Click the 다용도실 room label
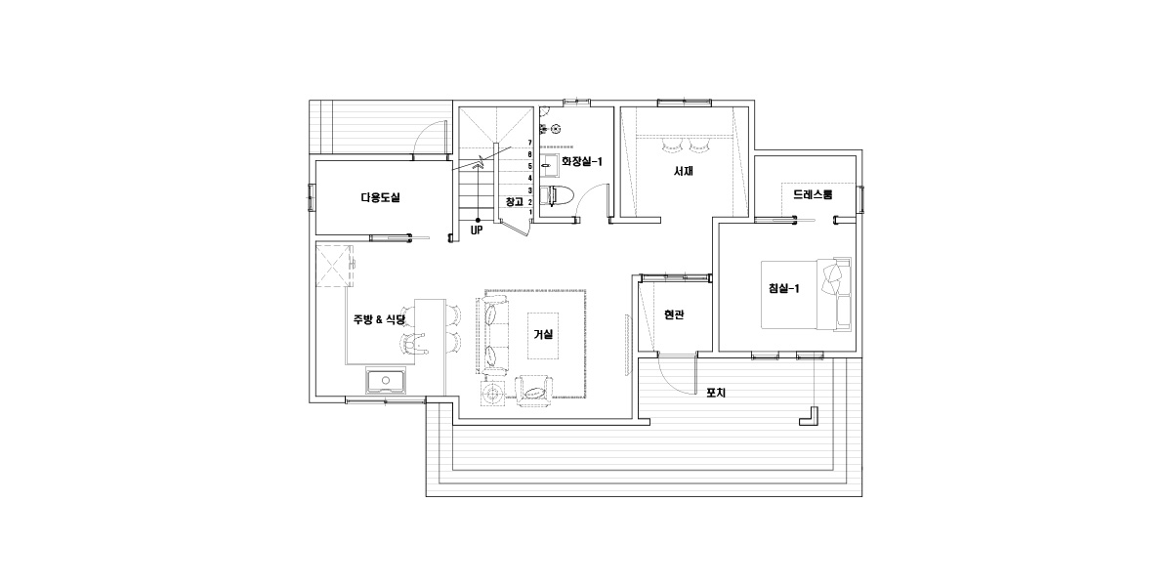coord(380,197)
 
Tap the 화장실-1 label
coord(582,162)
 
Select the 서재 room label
coord(684,171)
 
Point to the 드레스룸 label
coord(813,194)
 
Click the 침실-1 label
coord(783,288)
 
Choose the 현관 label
coord(674,314)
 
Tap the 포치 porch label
coord(716,393)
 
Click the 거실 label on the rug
coord(543,334)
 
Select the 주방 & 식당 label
coord(379,319)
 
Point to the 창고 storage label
coord(515,201)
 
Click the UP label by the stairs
coord(477,230)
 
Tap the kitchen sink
coord(386,380)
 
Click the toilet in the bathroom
coord(558,195)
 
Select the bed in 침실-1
coord(806,294)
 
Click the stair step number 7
coord(530,143)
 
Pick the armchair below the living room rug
coord(534,391)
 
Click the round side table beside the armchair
coord(492,394)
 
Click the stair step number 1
coord(530,212)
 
